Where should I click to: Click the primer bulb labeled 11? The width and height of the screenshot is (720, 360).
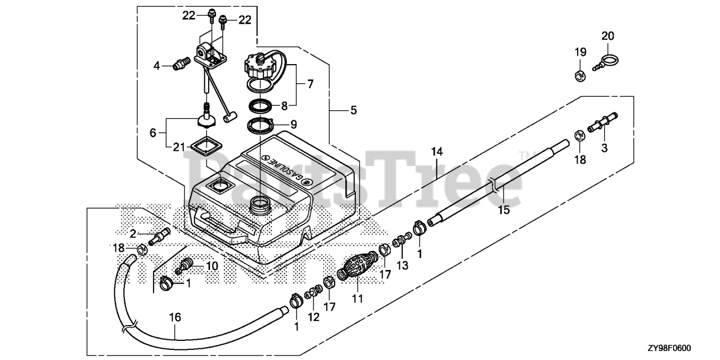(355, 267)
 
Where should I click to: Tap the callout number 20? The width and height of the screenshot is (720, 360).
(607, 35)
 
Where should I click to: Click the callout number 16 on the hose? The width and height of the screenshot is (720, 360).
(175, 317)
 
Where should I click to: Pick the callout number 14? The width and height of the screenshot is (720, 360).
(437, 151)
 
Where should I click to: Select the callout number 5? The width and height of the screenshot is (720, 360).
(353, 111)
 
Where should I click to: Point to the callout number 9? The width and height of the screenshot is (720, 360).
(309, 123)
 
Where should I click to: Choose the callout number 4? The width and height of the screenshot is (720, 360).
(157, 66)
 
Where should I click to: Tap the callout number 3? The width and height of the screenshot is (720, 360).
(605, 147)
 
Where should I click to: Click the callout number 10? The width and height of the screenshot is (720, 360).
(211, 265)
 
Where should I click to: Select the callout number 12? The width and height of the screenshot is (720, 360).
(313, 317)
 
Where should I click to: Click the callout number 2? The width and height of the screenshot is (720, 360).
(133, 233)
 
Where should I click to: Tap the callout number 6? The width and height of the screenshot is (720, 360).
(152, 134)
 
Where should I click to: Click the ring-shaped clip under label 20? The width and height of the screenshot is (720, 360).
(609, 59)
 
